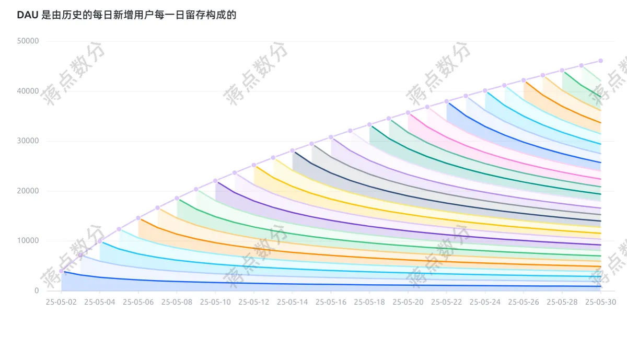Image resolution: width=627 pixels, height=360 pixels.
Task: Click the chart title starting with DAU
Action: tap(126, 15)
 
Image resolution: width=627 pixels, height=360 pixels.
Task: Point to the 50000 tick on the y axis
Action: tap(28, 41)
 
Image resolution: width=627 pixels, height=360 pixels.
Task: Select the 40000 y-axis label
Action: tap(28, 91)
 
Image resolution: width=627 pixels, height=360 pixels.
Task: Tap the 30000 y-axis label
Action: tap(28, 141)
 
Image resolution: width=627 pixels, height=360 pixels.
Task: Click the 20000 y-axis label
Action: tap(28, 191)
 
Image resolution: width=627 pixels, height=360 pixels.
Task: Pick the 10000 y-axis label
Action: tap(28, 241)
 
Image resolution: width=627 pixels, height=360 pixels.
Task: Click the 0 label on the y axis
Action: tap(37, 291)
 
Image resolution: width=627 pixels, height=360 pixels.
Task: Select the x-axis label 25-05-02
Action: tap(62, 301)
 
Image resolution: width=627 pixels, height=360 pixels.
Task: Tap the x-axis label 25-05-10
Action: tap(215, 301)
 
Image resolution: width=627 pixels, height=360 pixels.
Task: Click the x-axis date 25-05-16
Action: tap(331, 301)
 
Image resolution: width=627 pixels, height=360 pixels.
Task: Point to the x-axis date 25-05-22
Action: tap(446, 301)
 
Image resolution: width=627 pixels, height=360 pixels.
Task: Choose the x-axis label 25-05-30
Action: tap(600, 301)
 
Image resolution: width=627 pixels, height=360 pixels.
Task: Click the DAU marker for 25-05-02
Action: tap(62, 271)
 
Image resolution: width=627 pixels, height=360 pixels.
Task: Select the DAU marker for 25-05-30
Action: tap(600, 61)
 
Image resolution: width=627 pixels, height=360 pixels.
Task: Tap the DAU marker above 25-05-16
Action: tap(331, 137)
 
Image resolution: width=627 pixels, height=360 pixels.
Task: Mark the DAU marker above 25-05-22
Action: tap(446, 101)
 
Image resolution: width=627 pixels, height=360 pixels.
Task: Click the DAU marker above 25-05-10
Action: tap(215, 181)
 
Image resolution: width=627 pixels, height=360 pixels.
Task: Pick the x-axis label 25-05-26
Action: tap(524, 301)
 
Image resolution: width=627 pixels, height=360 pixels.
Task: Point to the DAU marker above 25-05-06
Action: tap(138, 218)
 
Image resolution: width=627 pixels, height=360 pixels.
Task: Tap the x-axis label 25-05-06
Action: tap(138, 301)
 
